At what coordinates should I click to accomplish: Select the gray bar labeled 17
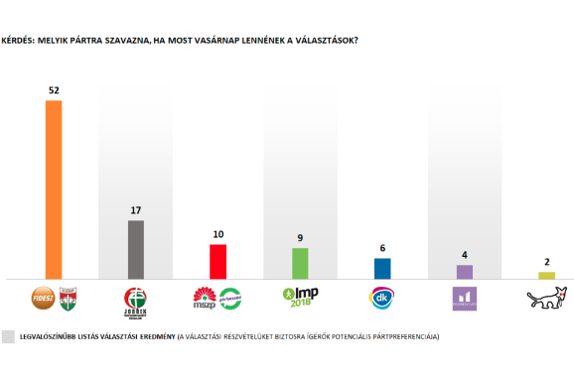[x=136, y=249]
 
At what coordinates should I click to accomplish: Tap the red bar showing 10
[x=217, y=261]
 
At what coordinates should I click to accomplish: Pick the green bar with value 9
[x=300, y=263]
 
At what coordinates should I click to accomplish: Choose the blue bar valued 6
[x=382, y=268]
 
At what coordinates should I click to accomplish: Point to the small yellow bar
[x=546, y=275]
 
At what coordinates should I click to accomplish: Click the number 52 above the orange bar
[x=54, y=90]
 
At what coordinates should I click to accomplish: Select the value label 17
[x=136, y=210]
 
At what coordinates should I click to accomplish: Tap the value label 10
[x=217, y=234]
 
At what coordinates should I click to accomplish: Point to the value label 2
[x=546, y=262]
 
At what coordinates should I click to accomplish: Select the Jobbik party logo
[x=136, y=299]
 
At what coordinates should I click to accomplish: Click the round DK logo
[x=382, y=297]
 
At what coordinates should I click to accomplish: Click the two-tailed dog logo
[x=546, y=297]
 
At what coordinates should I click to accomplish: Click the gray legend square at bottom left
[x=9, y=336]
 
